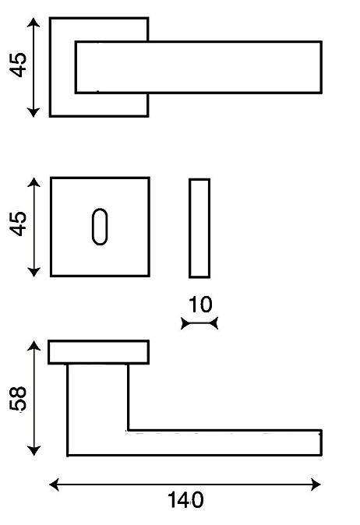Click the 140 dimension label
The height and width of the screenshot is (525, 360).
click(x=185, y=500)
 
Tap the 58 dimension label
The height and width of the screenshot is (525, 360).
click(x=18, y=399)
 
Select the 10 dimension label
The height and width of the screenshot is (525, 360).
click(x=200, y=305)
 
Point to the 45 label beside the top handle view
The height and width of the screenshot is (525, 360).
click(x=17, y=65)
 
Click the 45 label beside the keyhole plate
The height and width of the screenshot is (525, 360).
click(x=17, y=224)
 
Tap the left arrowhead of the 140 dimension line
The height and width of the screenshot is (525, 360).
click(x=54, y=484)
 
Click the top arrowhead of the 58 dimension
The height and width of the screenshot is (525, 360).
click(x=34, y=345)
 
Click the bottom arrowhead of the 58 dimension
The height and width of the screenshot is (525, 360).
click(x=34, y=451)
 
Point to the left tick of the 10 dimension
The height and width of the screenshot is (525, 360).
click(x=184, y=323)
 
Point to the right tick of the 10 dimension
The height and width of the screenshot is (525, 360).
click(x=215, y=323)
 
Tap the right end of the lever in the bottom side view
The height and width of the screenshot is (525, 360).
click(x=322, y=442)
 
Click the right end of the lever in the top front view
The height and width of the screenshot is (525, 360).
click(x=322, y=67)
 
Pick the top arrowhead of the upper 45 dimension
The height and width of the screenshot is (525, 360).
click(x=33, y=23)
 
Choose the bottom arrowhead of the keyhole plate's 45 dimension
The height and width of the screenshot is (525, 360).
click(x=34, y=272)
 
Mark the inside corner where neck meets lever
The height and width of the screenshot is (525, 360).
click(x=129, y=430)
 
